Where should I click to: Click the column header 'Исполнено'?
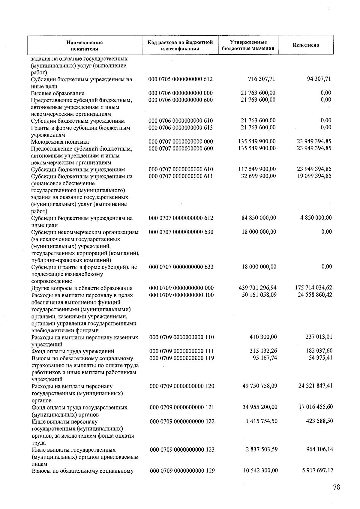tap(306, 45)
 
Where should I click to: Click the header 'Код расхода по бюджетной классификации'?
tap(180, 45)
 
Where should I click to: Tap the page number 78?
tap(337, 487)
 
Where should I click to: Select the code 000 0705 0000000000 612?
tap(181, 79)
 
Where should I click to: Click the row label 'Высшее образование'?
tap(58, 93)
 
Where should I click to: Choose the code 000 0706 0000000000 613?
tap(181, 127)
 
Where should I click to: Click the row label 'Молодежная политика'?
tap(60, 142)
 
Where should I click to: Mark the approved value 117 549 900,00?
tap(257, 169)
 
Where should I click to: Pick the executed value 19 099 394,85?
tap(314, 176)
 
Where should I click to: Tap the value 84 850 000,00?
tap(259, 218)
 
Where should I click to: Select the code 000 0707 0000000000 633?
tap(181, 267)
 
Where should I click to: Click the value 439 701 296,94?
tap(258, 288)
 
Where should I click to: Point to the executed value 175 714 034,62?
tap(314, 288)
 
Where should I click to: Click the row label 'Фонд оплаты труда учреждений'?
tap(73, 351)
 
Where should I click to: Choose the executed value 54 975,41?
tap(320, 358)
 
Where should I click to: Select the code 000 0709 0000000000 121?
tap(182, 407)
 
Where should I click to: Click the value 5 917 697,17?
tap(318, 470)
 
